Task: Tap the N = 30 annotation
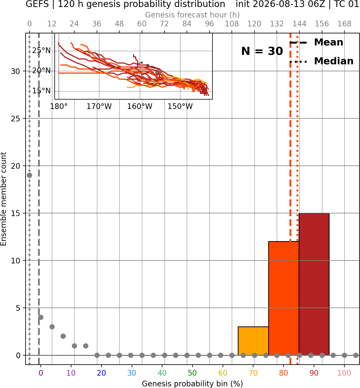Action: tap(262, 51)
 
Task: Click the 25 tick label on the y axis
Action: tap(16, 119)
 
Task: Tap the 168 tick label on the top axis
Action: tap(344, 24)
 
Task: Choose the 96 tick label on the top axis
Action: tap(209, 24)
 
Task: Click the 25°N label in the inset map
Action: tap(41, 51)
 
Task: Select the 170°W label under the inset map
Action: tap(99, 107)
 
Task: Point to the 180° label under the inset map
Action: tap(59, 107)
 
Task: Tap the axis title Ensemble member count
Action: tap(4, 199)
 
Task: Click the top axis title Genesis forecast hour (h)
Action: tap(193, 15)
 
